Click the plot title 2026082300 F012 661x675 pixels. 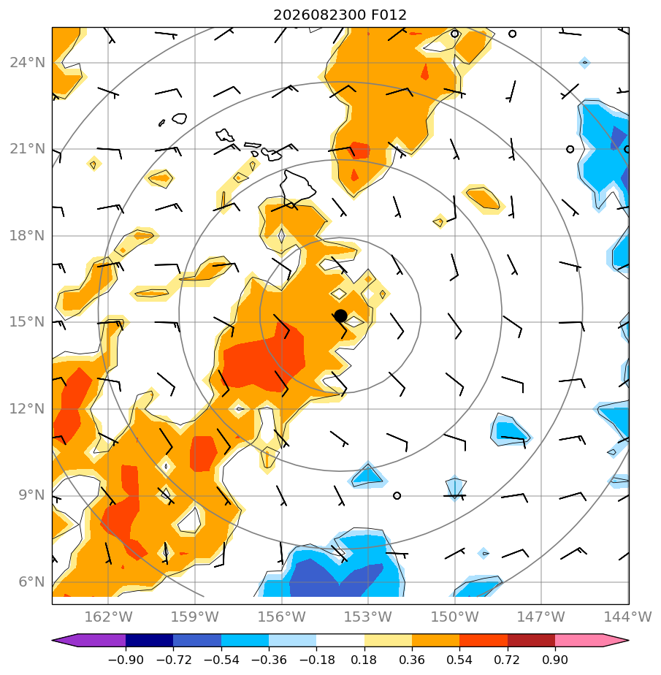pos(340,15)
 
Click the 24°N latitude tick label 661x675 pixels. pos(27,63)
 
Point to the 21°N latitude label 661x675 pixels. pos(27,149)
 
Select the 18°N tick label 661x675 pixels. pos(27,236)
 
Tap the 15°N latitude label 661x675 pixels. pos(27,322)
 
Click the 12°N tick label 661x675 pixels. pos(27,408)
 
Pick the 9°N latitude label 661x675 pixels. pos(31,495)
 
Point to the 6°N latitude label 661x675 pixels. pos(31,582)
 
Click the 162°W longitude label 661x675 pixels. pos(108,617)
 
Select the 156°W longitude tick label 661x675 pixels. pos(281,617)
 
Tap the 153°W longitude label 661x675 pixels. pos(368,617)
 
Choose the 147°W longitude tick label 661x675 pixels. pos(541,617)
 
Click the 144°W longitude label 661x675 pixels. pos(628,617)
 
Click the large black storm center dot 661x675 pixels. pos(340,316)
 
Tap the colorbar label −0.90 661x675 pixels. pos(125,660)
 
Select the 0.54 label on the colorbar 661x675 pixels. pos(459,660)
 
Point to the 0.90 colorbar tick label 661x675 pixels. pos(555,660)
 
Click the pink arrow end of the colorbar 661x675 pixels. pos(589,640)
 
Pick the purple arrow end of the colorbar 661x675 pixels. pos(91,640)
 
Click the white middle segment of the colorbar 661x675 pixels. pos(340,640)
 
